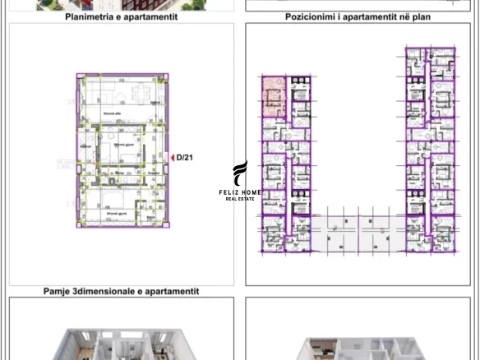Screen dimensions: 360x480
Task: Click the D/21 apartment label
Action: (185, 158)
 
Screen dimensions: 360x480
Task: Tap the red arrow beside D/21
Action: (172, 158)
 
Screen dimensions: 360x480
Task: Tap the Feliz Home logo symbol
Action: (239, 173)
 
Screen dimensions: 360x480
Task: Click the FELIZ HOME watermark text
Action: (239, 192)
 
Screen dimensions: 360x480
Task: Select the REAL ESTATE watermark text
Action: (239, 199)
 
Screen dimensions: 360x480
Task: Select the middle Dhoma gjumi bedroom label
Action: (124, 144)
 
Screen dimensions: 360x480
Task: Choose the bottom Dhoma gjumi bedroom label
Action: (116, 213)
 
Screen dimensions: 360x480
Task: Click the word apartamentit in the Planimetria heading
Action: (150, 16)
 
